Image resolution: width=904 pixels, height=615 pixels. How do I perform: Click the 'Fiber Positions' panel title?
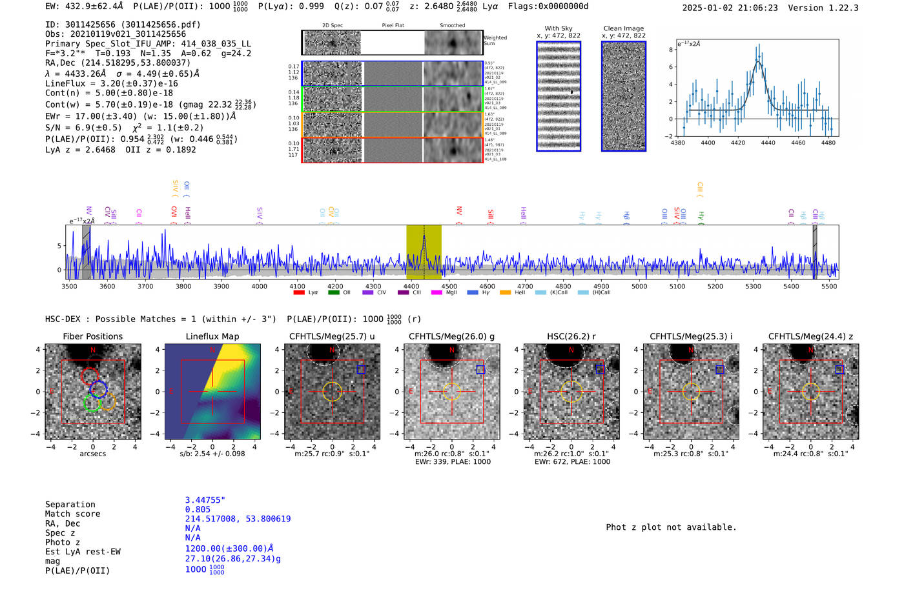92,336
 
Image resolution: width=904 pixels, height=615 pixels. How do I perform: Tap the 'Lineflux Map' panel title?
212,336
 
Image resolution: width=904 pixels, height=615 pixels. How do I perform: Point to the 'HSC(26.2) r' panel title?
571,336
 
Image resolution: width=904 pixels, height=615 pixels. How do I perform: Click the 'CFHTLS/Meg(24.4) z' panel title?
810,336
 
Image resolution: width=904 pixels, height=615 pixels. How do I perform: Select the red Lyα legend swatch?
298,293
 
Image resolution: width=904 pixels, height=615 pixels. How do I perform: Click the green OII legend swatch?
333,293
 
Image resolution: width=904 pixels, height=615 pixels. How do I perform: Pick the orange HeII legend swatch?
505,293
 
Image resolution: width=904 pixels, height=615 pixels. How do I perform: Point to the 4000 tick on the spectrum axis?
259,286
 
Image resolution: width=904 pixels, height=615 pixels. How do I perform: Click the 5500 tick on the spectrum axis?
829,286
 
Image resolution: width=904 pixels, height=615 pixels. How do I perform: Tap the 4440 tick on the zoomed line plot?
768,143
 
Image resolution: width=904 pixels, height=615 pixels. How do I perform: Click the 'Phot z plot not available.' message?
671,527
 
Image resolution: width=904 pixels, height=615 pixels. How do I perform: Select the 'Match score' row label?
72,514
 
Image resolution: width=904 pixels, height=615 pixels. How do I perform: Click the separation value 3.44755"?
205,500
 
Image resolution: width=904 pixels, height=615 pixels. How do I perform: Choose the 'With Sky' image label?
558,28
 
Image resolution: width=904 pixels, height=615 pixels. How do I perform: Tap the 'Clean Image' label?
623,28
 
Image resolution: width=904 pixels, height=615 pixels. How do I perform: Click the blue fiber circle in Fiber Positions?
99,388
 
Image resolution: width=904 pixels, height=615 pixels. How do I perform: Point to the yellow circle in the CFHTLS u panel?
332,391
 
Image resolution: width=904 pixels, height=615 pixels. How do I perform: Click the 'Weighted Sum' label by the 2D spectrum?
495,41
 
